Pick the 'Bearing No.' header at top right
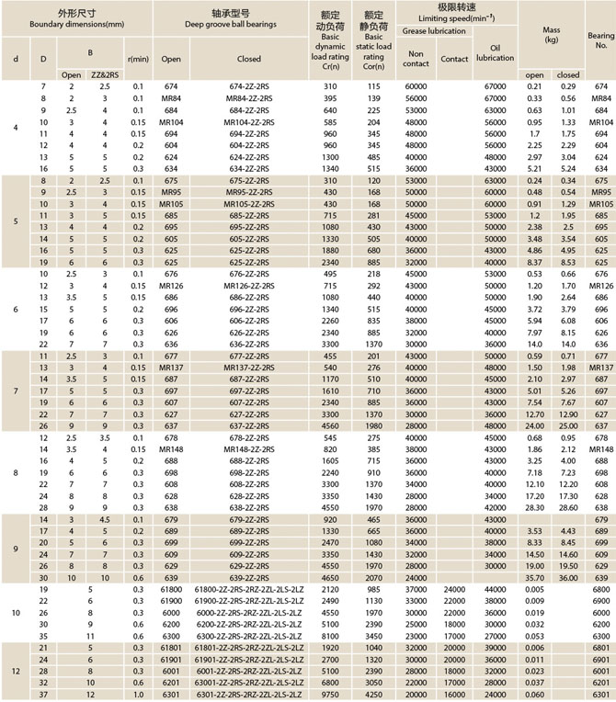coord(600,37)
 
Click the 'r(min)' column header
coord(138,59)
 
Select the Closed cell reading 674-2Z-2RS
coord(248,85)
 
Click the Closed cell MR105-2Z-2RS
coord(248,203)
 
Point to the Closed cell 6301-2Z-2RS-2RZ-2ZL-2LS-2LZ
coord(248,695)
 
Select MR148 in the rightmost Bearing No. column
coord(600,449)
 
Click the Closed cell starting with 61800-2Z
coord(248,589)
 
